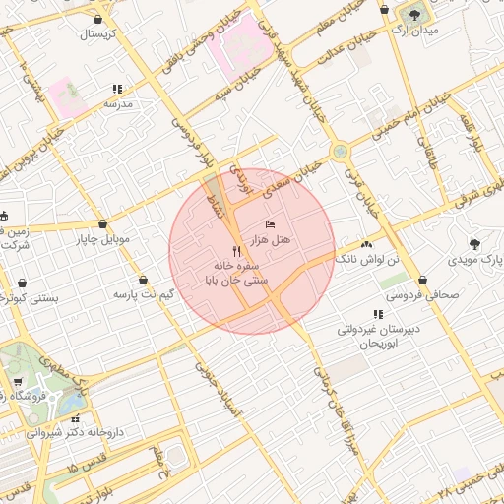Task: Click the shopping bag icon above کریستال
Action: [x=97, y=19]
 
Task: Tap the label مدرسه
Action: [x=117, y=102]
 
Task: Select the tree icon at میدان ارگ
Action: [x=411, y=15]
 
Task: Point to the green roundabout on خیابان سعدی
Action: [x=341, y=152]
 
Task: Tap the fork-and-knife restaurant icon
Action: [x=235, y=251]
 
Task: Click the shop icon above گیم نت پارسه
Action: [x=144, y=280]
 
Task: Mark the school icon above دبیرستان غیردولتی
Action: [x=378, y=314]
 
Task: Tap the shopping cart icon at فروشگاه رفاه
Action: [x=17, y=382]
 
